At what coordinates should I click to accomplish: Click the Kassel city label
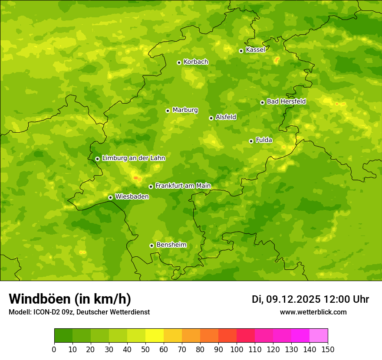(255, 50)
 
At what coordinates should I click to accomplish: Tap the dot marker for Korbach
(179, 62)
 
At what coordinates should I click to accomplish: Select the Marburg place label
(185, 110)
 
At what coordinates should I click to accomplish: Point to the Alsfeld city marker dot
(211, 118)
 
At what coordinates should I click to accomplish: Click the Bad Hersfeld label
(286, 101)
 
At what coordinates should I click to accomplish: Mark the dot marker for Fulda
(251, 141)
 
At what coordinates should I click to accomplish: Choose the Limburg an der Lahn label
(133, 158)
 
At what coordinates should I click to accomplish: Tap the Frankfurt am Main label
(183, 186)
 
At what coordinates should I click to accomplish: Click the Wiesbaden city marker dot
(110, 197)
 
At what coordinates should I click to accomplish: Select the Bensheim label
(171, 245)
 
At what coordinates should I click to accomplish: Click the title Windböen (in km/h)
(70, 299)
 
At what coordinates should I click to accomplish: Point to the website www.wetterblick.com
(313, 312)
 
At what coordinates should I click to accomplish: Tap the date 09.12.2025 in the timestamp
(293, 299)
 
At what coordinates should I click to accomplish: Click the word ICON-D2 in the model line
(47, 312)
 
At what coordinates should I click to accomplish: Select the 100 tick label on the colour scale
(236, 349)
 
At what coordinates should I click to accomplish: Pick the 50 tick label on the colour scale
(145, 349)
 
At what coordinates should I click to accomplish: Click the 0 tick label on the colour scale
(54, 349)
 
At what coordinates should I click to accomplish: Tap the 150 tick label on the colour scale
(327, 349)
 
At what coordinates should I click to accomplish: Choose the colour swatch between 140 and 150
(319, 336)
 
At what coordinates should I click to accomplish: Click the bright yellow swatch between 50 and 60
(155, 336)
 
